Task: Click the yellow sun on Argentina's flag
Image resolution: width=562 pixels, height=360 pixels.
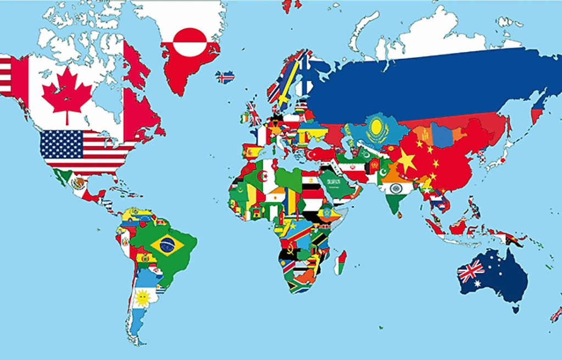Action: click(143, 298)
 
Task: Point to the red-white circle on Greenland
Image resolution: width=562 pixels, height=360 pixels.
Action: click(190, 43)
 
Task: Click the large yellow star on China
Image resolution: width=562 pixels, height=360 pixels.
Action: click(407, 160)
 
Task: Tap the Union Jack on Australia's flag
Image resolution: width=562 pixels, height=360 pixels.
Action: click(471, 271)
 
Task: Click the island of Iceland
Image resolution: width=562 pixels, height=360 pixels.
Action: click(225, 77)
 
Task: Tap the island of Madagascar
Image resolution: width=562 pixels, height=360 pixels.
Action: click(341, 262)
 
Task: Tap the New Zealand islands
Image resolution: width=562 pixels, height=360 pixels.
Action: click(556, 314)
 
